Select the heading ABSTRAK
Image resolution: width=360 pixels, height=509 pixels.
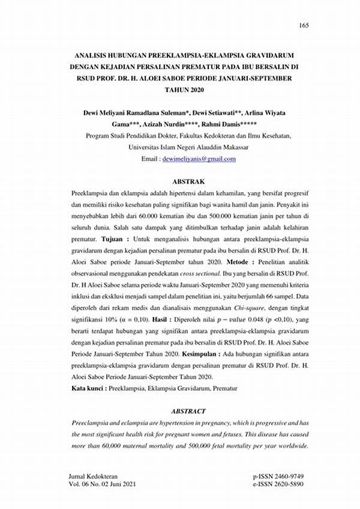pos(189,181)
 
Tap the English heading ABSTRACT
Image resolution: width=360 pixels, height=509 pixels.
pos(189,411)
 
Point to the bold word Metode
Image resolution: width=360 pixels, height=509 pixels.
pos(242,263)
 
